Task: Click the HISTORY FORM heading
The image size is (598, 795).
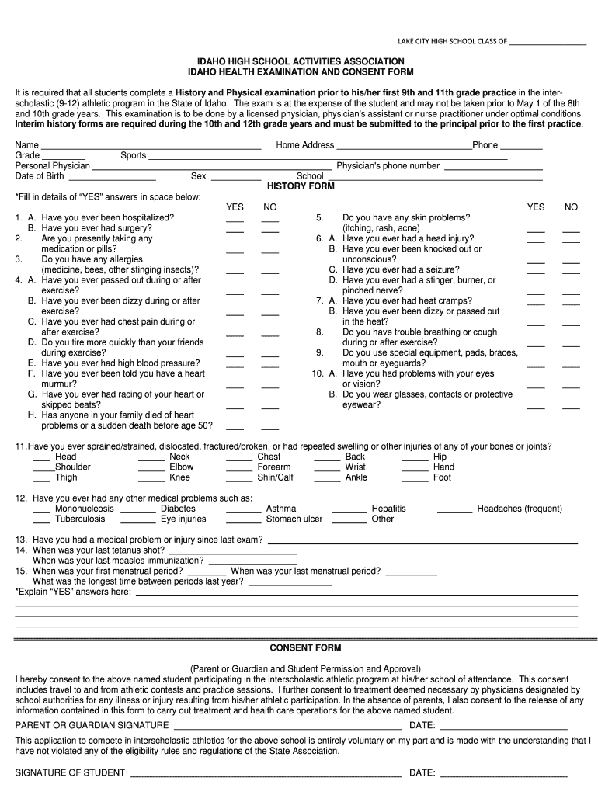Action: [301, 186]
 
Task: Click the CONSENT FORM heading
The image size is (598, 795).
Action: [305, 647]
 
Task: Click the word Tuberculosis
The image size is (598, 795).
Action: [80, 519]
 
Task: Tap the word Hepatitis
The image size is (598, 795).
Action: [388, 509]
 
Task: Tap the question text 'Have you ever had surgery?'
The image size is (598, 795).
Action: [96, 228]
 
